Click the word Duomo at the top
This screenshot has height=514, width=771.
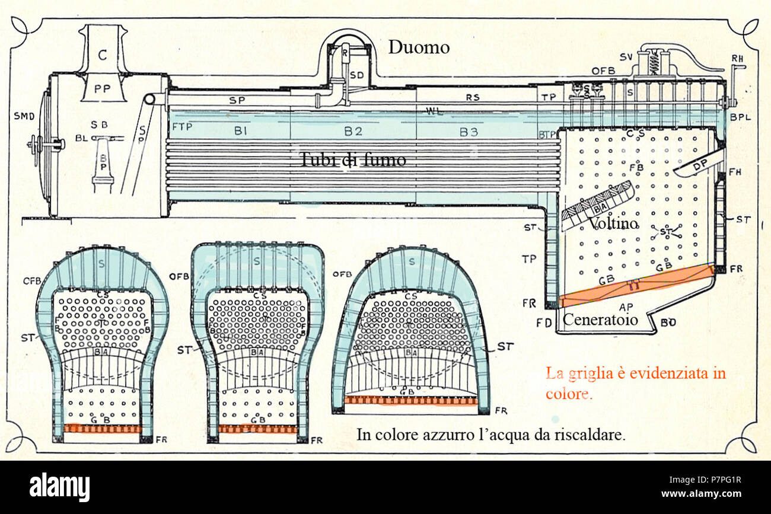pos(419,47)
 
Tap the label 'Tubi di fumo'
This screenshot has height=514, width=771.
pos(352,159)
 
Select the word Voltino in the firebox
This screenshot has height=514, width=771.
pos(613,224)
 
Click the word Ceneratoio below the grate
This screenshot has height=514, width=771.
pos(600,321)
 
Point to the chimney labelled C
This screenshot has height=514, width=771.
pos(103,55)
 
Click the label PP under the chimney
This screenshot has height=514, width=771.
pos(103,88)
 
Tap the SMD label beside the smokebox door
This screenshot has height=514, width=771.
pos(24,116)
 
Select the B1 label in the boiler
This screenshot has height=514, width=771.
pos(240,132)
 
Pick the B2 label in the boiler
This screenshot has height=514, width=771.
pos(353,132)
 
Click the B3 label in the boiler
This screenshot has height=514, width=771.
pos(469,132)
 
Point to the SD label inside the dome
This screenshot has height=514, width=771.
pos(356,75)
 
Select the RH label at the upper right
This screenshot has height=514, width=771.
pos(738,58)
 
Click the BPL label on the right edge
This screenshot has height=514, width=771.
pos(740,117)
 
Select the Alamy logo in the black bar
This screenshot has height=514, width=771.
pos(60,487)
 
